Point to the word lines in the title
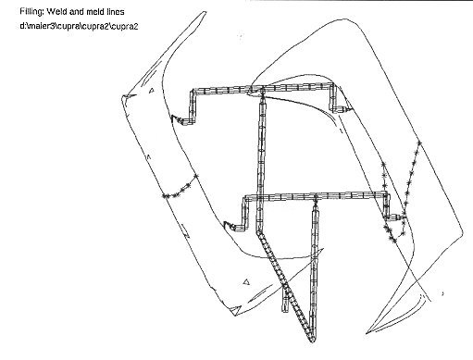click(x=116, y=12)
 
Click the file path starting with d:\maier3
click(x=79, y=26)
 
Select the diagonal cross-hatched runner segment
click(x=285, y=286)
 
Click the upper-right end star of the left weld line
click(x=195, y=176)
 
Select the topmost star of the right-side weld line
click(x=419, y=143)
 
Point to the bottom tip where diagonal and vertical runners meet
click(x=312, y=340)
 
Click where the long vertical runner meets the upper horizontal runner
click(x=263, y=90)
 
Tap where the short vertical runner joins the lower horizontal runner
click(x=316, y=196)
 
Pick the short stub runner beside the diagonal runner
click(x=285, y=300)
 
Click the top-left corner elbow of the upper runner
click(x=194, y=92)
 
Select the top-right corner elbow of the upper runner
click(x=332, y=86)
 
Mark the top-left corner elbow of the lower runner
click(x=246, y=198)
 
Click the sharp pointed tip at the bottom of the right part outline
click(x=367, y=333)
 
